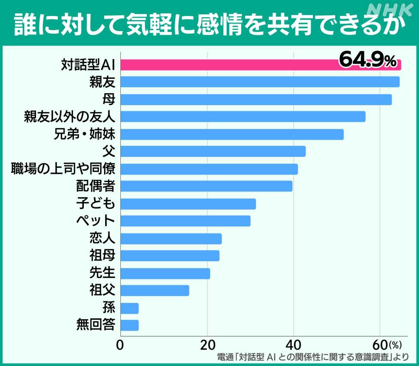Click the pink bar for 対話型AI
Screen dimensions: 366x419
227,65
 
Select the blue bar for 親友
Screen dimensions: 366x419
260,82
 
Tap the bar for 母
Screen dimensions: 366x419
256,100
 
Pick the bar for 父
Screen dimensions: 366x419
213,152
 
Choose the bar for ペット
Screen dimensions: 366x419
185,221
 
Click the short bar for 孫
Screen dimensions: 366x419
130,308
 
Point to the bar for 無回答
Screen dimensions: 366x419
130,325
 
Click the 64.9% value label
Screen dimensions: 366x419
367,60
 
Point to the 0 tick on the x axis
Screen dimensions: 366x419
120,345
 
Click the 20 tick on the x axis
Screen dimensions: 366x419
207,345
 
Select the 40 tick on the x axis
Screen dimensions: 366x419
293,345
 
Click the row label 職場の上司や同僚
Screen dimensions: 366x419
63,169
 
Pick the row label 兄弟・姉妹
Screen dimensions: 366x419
84,134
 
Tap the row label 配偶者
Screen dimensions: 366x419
95,186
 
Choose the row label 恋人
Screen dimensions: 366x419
102,238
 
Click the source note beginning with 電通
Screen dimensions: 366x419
313,357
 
